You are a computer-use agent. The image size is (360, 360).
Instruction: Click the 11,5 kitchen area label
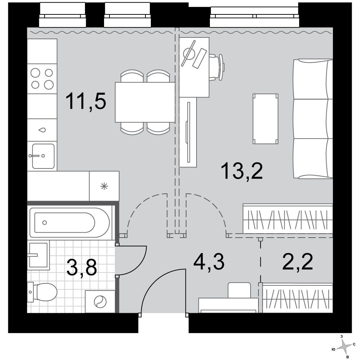[x=86, y=101]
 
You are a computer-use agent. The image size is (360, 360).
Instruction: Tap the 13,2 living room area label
[x=242, y=171]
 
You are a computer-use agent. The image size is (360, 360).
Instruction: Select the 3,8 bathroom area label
[x=82, y=267]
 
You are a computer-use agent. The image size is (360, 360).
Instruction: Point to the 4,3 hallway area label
[x=209, y=262]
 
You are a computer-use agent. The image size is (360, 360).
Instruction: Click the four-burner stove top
[x=42, y=79]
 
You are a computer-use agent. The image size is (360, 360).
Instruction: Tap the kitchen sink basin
[x=43, y=156]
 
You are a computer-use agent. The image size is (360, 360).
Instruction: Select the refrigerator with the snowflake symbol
[x=104, y=186]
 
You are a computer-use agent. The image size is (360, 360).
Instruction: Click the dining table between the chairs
[x=145, y=102]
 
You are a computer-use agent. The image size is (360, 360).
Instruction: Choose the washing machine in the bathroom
[x=100, y=301]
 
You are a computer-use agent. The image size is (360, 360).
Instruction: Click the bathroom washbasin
[x=39, y=255]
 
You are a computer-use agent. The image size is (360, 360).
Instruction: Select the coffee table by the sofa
[x=265, y=119]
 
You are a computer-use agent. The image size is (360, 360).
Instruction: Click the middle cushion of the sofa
[x=313, y=119]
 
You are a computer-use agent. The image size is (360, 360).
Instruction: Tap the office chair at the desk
[x=216, y=67]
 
